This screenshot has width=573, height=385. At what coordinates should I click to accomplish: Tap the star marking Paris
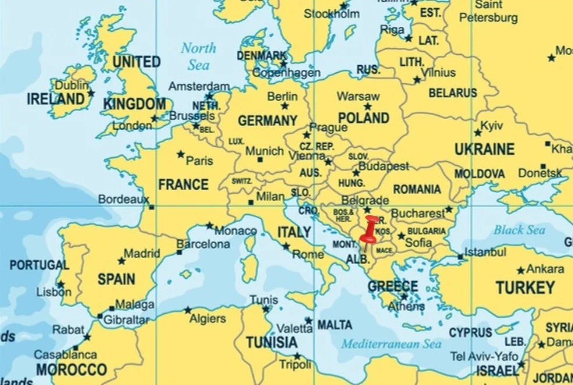coord(181,154)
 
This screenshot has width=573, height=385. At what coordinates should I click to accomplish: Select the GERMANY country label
coord(267,121)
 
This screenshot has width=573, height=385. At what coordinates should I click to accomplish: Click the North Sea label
coord(198,56)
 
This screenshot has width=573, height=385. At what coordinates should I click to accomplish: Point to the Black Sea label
coord(519,230)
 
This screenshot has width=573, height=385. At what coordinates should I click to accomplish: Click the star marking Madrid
coord(121,261)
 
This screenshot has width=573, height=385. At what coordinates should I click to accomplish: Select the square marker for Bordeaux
coord(151,207)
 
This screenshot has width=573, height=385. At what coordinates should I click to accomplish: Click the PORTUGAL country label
coord(39,265)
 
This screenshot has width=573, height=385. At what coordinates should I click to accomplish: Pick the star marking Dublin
coord(91,92)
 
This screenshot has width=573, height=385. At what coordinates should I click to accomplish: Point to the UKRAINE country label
coord(484,149)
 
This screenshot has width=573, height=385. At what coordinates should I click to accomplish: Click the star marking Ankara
coord(520,270)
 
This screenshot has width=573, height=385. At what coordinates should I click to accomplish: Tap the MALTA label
coord(335,325)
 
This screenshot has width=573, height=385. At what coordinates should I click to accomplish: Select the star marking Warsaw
coord(367,106)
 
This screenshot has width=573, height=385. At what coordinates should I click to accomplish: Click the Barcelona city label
coord(203,244)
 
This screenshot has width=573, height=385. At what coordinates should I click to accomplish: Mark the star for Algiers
coord(188,310)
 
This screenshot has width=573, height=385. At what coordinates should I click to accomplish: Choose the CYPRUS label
coord(470,333)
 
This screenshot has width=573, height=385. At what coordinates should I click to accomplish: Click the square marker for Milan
coord(251,202)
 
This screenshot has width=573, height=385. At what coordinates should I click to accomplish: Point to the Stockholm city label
coord(332,13)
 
